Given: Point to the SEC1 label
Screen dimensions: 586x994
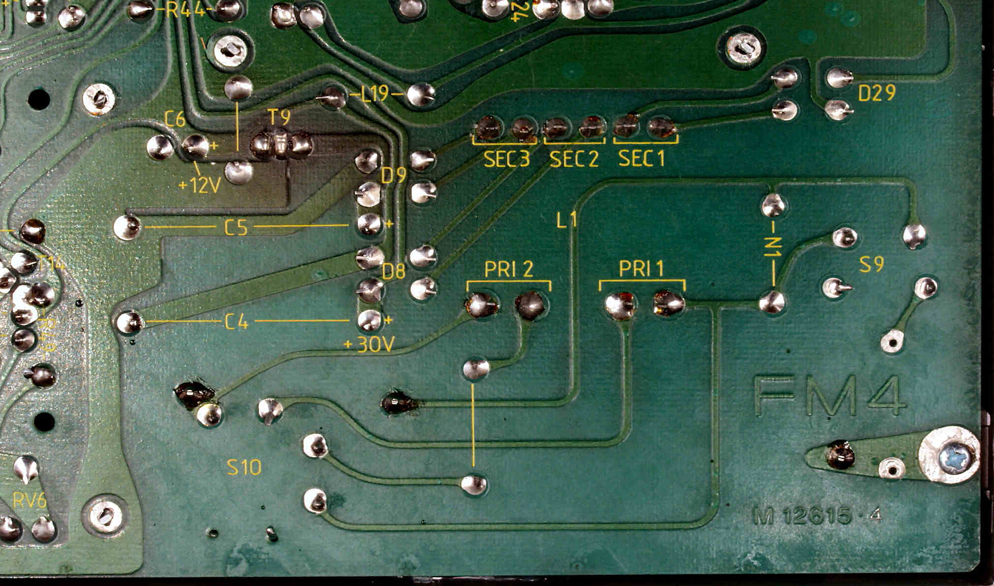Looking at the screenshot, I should (641, 158).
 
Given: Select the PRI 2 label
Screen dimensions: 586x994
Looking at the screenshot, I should (509, 269).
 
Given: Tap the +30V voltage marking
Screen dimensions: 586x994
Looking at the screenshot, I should (369, 345).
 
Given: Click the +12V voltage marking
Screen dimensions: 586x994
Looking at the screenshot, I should (200, 185).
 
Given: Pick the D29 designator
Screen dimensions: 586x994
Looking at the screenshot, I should (876, 93).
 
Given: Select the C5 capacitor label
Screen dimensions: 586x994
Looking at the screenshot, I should (236, 227).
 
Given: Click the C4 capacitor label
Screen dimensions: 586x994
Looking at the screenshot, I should (237, 322).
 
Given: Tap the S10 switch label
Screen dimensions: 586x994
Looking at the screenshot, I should (244, 467).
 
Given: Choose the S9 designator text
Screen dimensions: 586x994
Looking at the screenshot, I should (871, 265).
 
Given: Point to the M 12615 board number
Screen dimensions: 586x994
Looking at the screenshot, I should (817, 516).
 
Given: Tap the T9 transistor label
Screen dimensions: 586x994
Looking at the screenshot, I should (279, 118).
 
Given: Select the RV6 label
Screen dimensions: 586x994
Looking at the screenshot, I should (30, 501).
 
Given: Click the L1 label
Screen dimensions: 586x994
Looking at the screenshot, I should (566, 220).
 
